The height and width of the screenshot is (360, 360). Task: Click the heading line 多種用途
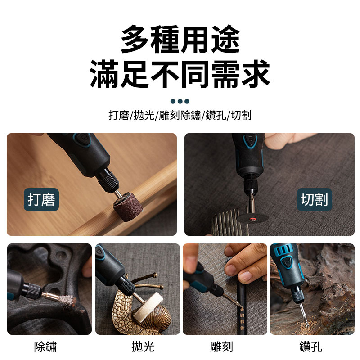(180, 39)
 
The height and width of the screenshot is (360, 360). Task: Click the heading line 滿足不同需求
(180, 74)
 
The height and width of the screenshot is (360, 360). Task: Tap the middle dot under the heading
(180, 101)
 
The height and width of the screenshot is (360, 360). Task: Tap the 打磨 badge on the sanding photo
(41, 199)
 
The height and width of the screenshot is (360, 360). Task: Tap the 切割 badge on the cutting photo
(314, 199)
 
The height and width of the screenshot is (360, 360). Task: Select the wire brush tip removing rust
(67, 301)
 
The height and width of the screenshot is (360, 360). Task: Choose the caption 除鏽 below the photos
(45, 346)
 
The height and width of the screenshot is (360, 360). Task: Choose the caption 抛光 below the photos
(143, 346)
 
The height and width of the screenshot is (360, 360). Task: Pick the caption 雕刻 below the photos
(221, 346)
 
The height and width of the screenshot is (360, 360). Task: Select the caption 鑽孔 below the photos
(310, 346)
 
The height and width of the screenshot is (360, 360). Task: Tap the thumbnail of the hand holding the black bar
(225, 289)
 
